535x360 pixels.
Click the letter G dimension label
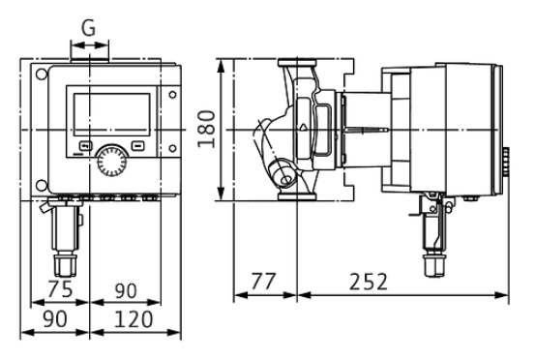pos(89,28)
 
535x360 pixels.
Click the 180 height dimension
pos(207,129)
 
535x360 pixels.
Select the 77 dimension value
pos(263,282)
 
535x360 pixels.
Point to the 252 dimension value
pos(369,282)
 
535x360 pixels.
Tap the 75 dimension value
pos(60,289)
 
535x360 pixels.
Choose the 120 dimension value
pos(134,319)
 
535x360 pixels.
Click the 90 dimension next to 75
pos(125,290)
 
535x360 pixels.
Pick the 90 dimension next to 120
pos(55,319)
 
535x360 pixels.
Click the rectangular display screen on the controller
pos(112,114)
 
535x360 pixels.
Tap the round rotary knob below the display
pos(112,161)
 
